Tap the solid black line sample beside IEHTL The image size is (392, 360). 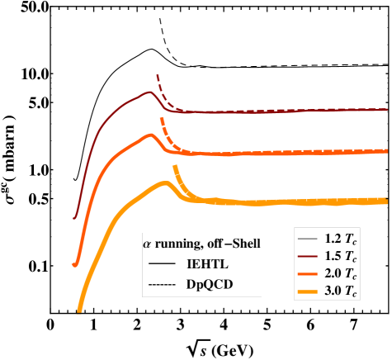tap(162, 263)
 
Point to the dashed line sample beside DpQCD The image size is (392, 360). tap(162, 285)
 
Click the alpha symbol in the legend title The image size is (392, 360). tap(148, 244)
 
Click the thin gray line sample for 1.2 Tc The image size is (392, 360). tap(308, 239)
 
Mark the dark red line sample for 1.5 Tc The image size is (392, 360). tap(308, 256)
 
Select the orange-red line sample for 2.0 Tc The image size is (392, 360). tap(308, 273)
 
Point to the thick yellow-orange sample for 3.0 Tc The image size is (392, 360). tap(308, 291)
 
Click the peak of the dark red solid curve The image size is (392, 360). tap(150, 92)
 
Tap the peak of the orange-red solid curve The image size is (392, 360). tap(149, 135)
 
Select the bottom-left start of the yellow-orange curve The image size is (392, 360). tap(79, 311)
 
